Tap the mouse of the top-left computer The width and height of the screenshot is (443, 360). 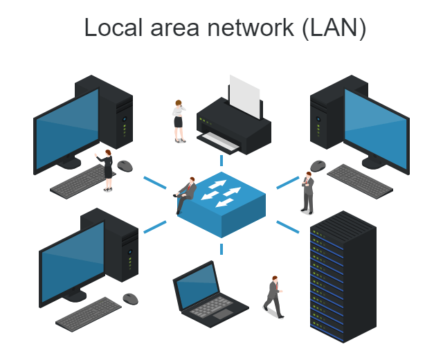125,165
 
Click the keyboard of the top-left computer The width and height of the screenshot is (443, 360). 78,181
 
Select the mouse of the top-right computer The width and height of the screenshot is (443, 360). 318,165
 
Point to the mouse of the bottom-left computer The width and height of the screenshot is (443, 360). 131,298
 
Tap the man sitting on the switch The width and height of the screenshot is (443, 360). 186,194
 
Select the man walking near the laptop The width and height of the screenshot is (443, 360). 274,296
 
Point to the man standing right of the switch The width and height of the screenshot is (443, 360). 307,192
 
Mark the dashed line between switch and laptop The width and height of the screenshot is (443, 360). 221,249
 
